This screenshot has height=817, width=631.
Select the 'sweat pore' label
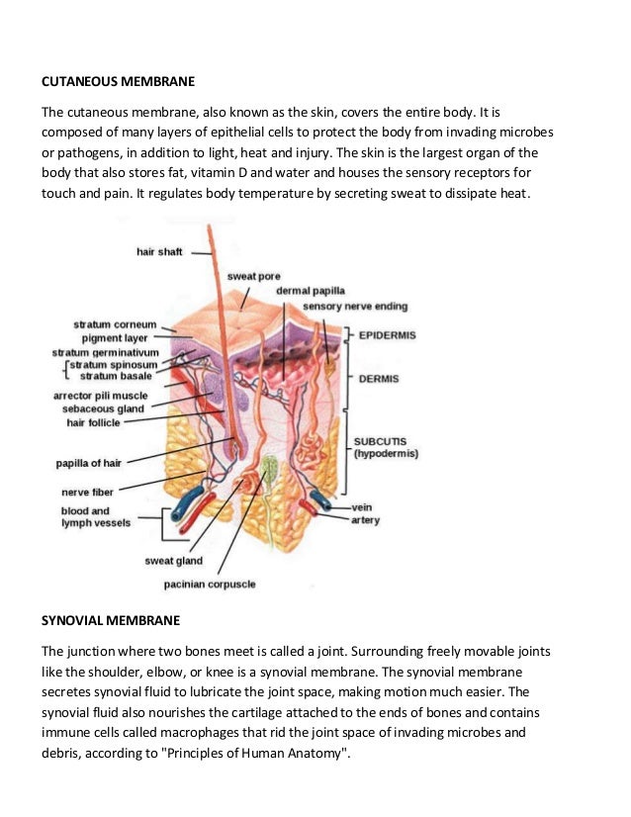[x=254, y=276]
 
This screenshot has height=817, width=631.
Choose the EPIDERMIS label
[x=389, y=335]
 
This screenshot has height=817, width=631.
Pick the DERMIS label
[x=379, y=378]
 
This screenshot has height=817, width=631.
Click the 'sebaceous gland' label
[x=104, y=408]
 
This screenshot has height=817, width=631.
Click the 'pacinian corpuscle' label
[x=210, y=585]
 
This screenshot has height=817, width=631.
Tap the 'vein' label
[x=362, y=506]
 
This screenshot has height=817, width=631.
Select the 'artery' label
[x=365, y=520]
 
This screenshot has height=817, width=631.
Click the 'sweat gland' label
[x=173, y=562]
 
